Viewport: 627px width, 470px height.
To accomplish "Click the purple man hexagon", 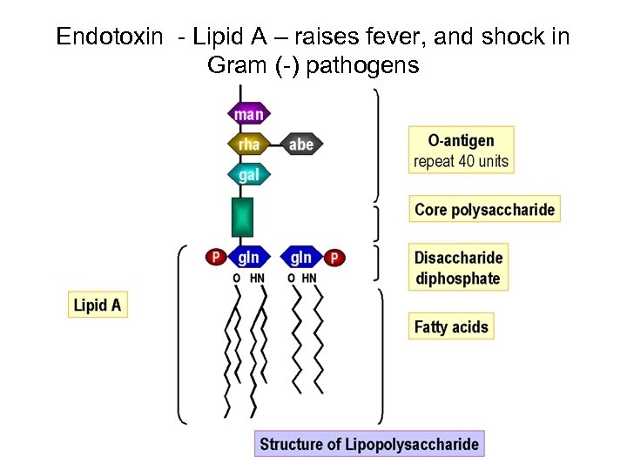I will (248, 114).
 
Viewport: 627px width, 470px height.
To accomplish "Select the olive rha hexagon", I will (248, 144).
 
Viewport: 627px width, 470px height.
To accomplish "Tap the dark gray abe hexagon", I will (301, 144).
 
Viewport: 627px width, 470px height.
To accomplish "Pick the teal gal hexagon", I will (248, 175).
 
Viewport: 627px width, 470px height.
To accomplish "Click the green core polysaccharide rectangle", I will (242, 218).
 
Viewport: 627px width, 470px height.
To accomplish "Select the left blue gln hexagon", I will (249, 258).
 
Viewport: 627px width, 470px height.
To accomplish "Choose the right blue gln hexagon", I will (301, 258).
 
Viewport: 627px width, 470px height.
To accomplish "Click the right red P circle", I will (335, 258).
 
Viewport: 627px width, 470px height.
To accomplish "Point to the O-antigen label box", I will (461, 150).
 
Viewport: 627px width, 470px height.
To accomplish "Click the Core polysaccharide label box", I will (484, 210).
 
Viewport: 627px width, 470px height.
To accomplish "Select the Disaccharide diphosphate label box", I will (458, 268).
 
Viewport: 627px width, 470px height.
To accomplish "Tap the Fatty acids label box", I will (451, 327).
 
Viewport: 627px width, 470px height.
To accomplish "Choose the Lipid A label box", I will (98, 305).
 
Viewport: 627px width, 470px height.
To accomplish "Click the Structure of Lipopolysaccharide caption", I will (369, 444).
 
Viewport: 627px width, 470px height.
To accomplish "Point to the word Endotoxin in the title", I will (109, 37).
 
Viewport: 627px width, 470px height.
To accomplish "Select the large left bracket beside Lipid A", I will (182, 335).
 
